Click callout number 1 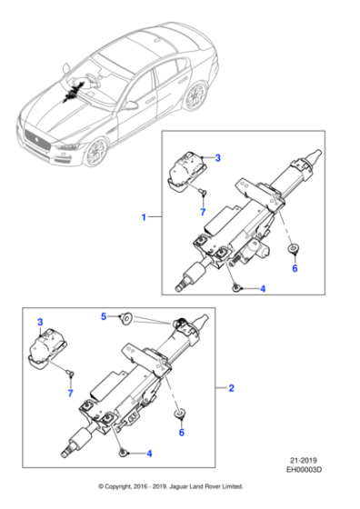coord(143,217)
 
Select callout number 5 coord(105,316)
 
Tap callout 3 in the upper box coord(218,158)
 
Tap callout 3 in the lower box coord(40,323)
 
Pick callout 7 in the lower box coord(69,392)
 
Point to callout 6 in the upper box coord(294,269)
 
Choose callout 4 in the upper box coord(263,289)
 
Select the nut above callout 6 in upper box coord(294,249)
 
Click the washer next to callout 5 coord(128,317)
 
